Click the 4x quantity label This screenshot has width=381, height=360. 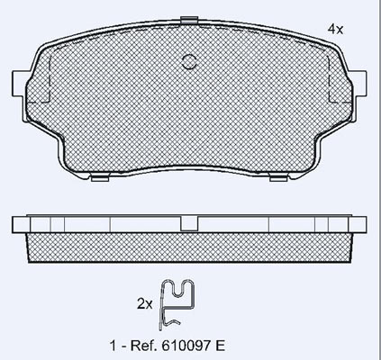click(335, 29)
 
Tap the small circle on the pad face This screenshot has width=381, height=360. click(190, 62)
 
